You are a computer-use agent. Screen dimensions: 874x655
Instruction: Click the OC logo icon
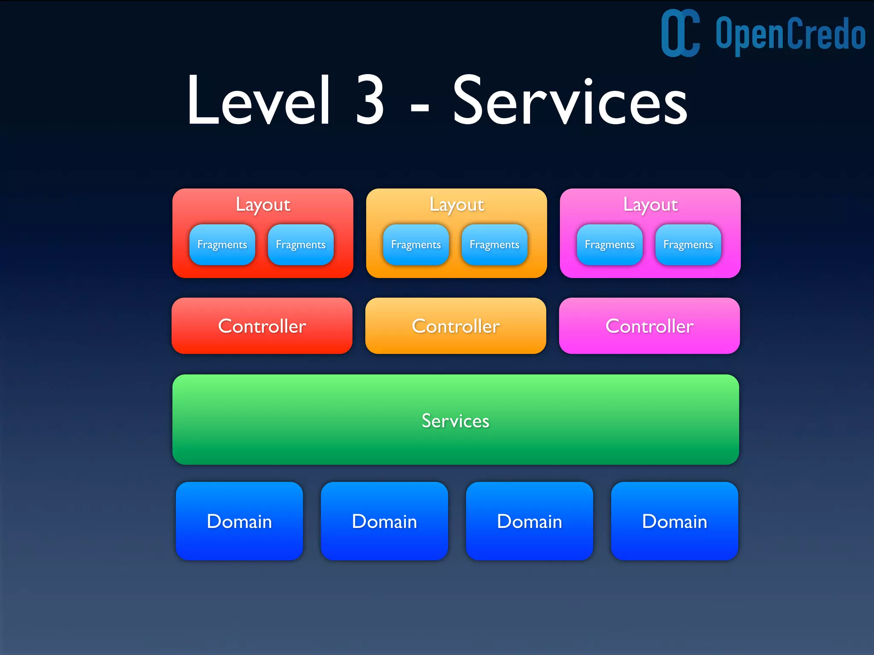pyautogui.click(x=680, y=33)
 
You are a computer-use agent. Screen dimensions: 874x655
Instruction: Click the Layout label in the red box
pyautogui.click(x=263, y=205)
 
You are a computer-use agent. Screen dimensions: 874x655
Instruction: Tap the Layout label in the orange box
pyautogui.click(x=457, y=205)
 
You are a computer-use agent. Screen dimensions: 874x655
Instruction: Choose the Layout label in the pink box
pyautogui.click(x=650, y=205)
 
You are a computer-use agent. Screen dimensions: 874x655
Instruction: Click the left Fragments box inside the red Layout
pyautogui.click(x=222, y=245)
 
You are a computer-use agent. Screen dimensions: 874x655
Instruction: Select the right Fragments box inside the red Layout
pyautogui.click(x=301, y=245)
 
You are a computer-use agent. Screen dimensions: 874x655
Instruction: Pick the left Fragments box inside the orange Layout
pyautogui.click(x=416, y=245)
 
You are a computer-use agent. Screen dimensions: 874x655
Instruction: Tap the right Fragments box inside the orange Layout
pyautogui.click(x=495, y=245)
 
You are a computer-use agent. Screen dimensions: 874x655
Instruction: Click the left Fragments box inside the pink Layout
pyautogui.click(x=610, y=245)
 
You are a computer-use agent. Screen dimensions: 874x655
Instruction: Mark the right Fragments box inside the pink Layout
pyautogui.click(x=688, y=245)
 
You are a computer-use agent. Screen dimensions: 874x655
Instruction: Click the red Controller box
pyautogui.click(x=262, y=326)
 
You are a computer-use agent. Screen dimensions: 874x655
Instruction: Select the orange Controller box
pyautogui.click(x=456, y=326)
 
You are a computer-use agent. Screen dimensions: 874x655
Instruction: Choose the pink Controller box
pyautogui.click(x=650, y=326)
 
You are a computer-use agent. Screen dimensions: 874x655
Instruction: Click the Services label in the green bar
pyautogui.click(x=456, y=421)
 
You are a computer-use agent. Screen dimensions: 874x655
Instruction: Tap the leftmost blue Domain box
pyautogui.click(x=239, y=521)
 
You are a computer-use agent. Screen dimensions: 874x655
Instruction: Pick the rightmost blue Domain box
pyautogui.click(x=675, y=521)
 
